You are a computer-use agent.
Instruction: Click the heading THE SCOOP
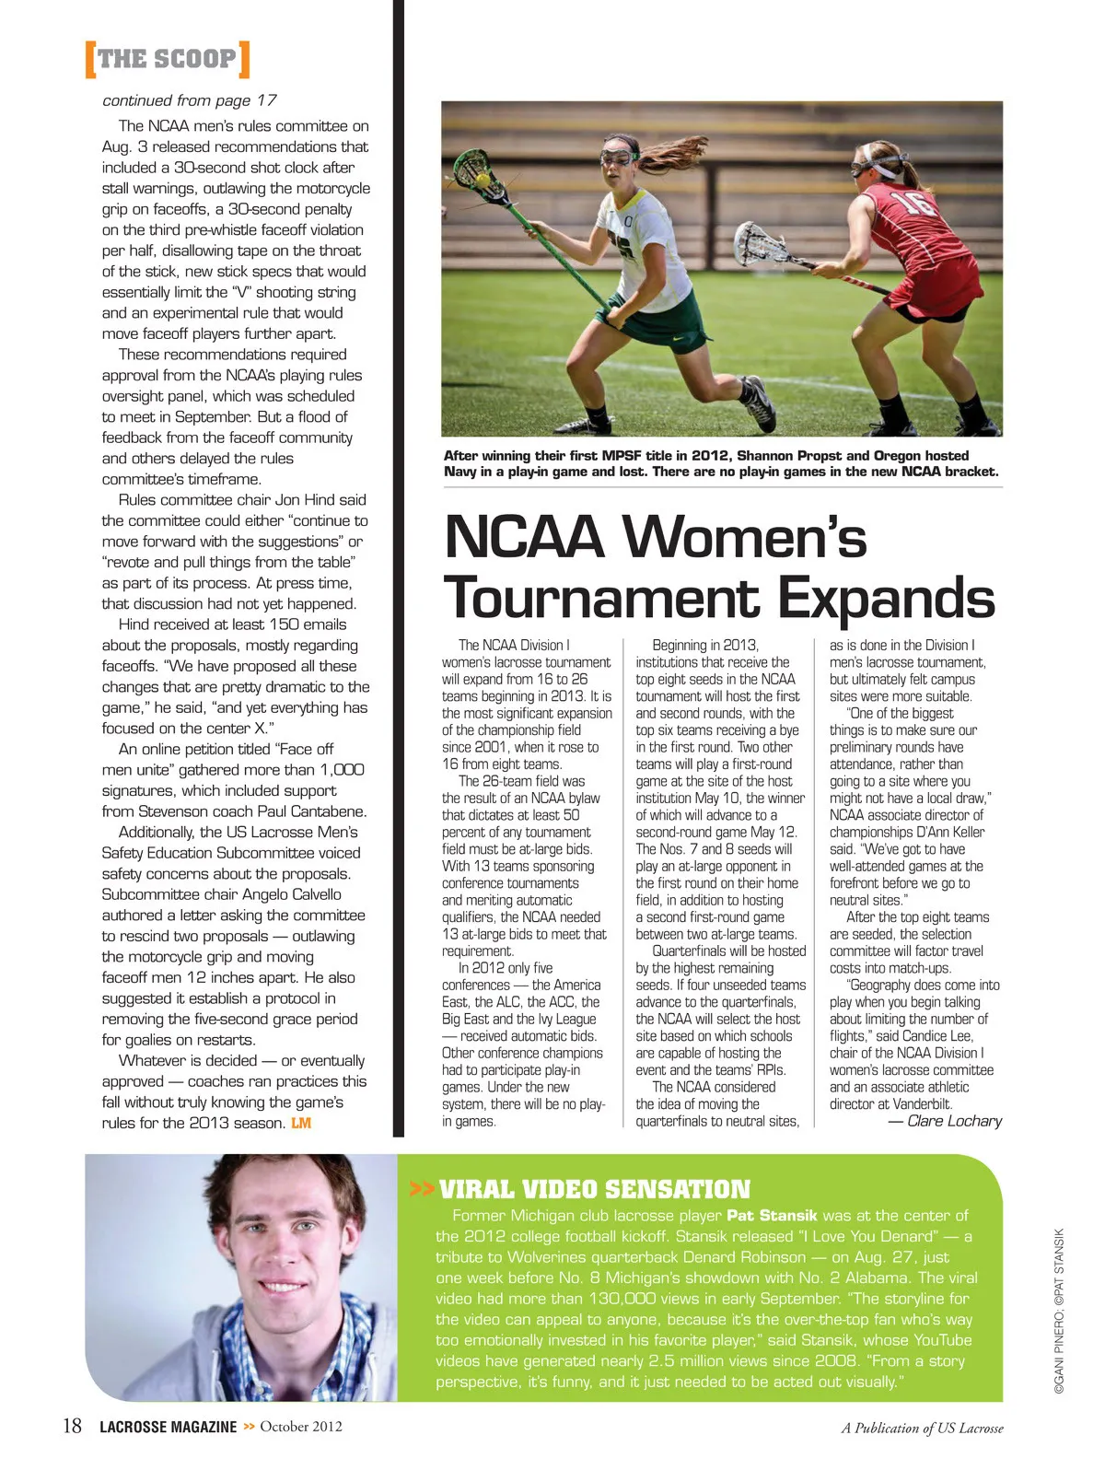pyautogui.click(x=167, y=60)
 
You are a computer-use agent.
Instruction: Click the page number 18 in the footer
pyautogui.click(x=72, y=1426)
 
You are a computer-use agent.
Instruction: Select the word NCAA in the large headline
pyautogui.click(x=524, y=537)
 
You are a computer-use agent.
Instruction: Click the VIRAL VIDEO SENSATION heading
pyautogui.click(x=595, y=1189)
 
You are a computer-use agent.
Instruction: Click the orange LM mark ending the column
pyautogui.click(x=301, y=1123)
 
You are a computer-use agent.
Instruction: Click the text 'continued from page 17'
pyautogui.click(x=189, y=100)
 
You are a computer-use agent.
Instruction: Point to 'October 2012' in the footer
pyautogui.click(x=301, y=1427)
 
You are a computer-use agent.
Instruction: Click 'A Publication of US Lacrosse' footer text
pyautogui.click(x=922, y=1429)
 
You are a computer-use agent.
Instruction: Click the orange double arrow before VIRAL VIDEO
pyautogui.click(x=422, y=1189)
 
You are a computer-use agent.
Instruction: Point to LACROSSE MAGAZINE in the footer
pyautogui.click(x=168, y=1427)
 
